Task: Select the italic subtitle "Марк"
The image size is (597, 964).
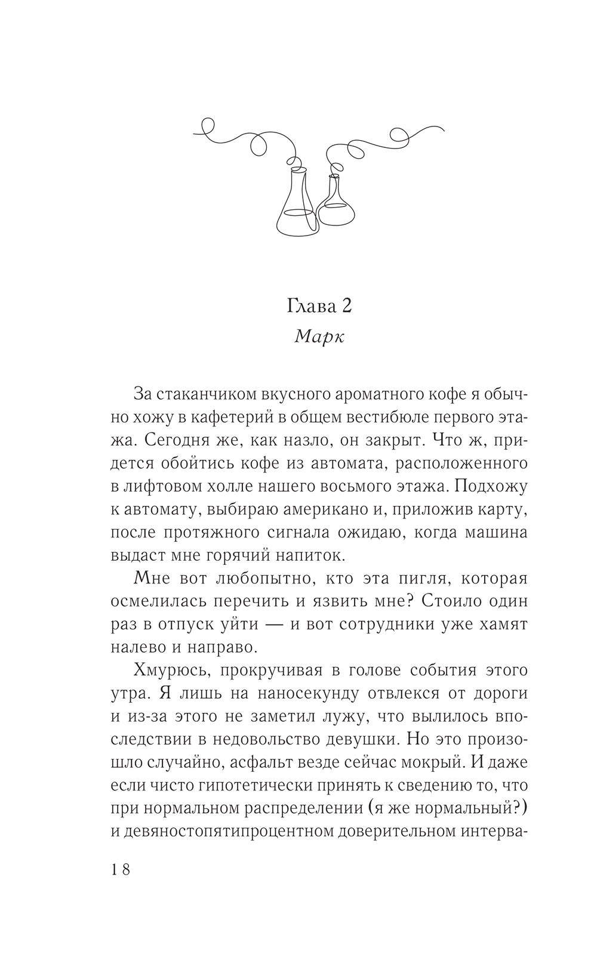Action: (x=319, y=337)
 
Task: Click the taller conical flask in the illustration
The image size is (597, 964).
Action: (x=296, y=206)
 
